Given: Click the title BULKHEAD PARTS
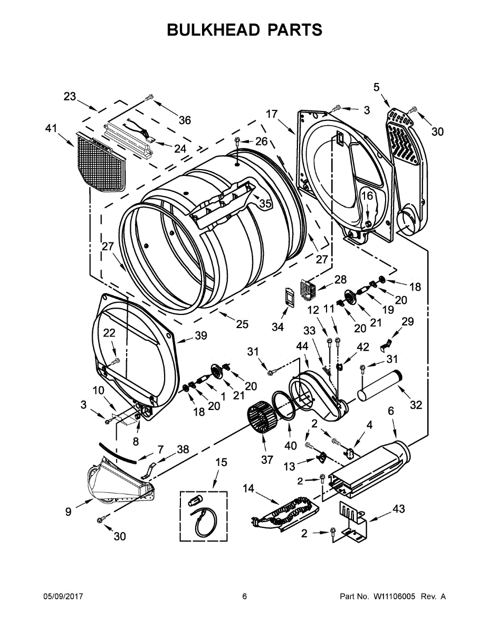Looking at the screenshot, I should tap(244, 30).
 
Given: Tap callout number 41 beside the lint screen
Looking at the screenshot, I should tap(51, 128).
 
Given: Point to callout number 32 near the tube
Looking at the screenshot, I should tap(416, 405).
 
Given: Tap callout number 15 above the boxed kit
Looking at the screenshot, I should tap(221, 463).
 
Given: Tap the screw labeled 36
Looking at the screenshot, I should tap(149, 98).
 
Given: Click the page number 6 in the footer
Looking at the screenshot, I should tap(244, 596).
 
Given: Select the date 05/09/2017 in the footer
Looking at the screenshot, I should tap(63, 596).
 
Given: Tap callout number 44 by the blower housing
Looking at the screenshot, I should tap(302, 346).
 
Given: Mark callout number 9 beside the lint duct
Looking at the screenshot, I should tap(68, 511).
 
